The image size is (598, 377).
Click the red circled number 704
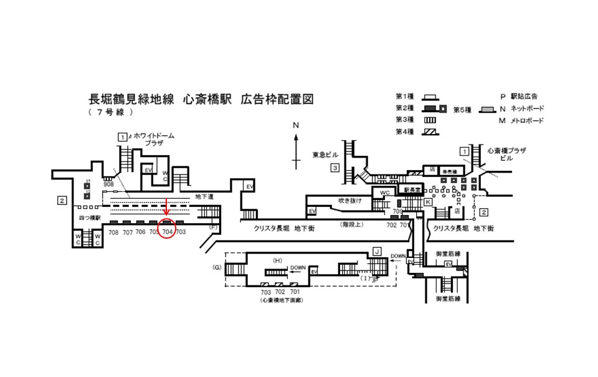coord(167,232)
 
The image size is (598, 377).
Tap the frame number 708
coord(113,232)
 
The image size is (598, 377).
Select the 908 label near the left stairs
coord(108,184)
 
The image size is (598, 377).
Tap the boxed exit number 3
coord(335,167)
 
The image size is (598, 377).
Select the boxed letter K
coord(428,203)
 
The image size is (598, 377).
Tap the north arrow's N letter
coord(297,125)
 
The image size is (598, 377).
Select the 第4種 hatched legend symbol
coord(428,131)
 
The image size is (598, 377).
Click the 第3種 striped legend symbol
coord(428,120)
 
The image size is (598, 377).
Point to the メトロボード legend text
coord(527,120)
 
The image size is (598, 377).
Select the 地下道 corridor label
coord(204,197)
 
